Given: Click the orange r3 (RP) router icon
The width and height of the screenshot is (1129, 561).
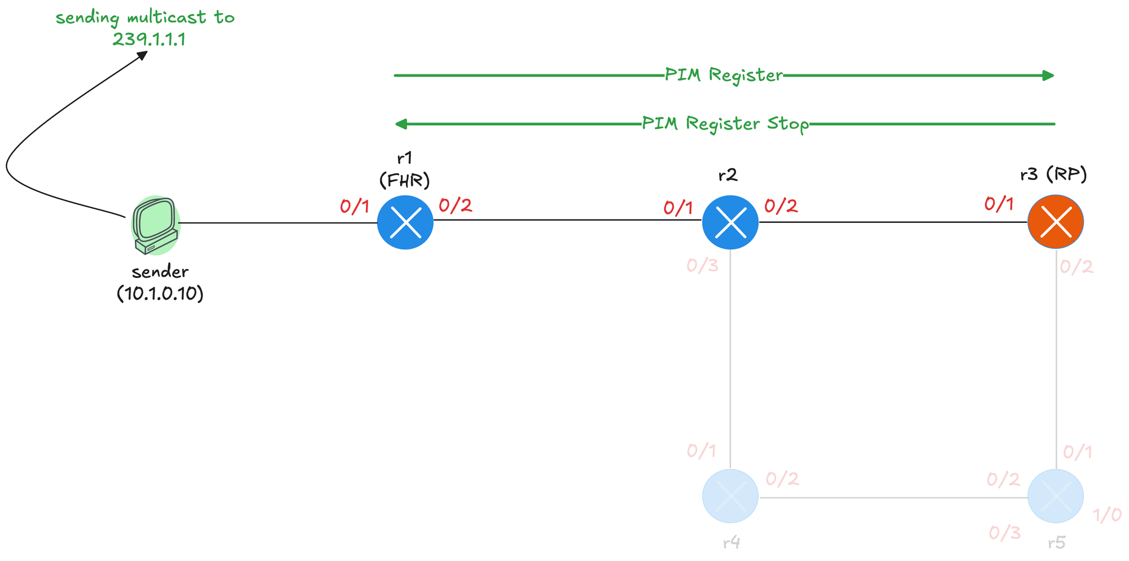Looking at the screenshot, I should pos(1055,222).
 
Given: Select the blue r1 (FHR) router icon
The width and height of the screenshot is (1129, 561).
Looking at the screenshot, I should pos(405,222).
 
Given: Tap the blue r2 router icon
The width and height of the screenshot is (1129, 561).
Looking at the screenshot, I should pos(730,222).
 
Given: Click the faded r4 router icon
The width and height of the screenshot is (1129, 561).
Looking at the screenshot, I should pos(730,496).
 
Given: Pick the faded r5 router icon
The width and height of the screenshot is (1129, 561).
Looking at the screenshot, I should pos(1055,496).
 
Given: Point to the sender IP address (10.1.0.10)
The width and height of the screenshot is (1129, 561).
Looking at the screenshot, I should pos(160,294).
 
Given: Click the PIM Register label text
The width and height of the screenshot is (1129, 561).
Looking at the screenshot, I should pos(723,75).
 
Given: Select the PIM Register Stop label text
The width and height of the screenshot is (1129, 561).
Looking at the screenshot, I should pos(725,124).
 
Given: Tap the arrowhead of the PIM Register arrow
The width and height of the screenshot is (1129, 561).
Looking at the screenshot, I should pos(1049,76).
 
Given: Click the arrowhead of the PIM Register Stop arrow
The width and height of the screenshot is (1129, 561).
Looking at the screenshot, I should pos(401,124).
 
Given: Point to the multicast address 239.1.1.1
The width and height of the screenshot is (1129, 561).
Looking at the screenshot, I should pos(148,40).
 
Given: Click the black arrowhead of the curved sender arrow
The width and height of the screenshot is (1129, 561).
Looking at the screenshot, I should pos(143,54).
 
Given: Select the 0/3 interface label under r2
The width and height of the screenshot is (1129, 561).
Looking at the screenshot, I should pos(702,266).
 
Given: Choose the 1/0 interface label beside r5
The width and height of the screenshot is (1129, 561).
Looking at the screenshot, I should pos(1107,515).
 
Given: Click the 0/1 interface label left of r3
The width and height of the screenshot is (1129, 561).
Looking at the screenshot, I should pos(999,204).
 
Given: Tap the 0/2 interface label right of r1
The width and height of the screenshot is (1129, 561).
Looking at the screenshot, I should pos(455,205).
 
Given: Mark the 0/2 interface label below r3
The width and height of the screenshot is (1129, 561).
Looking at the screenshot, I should pos(1076,267).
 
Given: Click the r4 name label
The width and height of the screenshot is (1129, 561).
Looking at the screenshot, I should pos(731,543).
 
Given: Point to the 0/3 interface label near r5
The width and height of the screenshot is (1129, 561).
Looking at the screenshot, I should pos(1004,533).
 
